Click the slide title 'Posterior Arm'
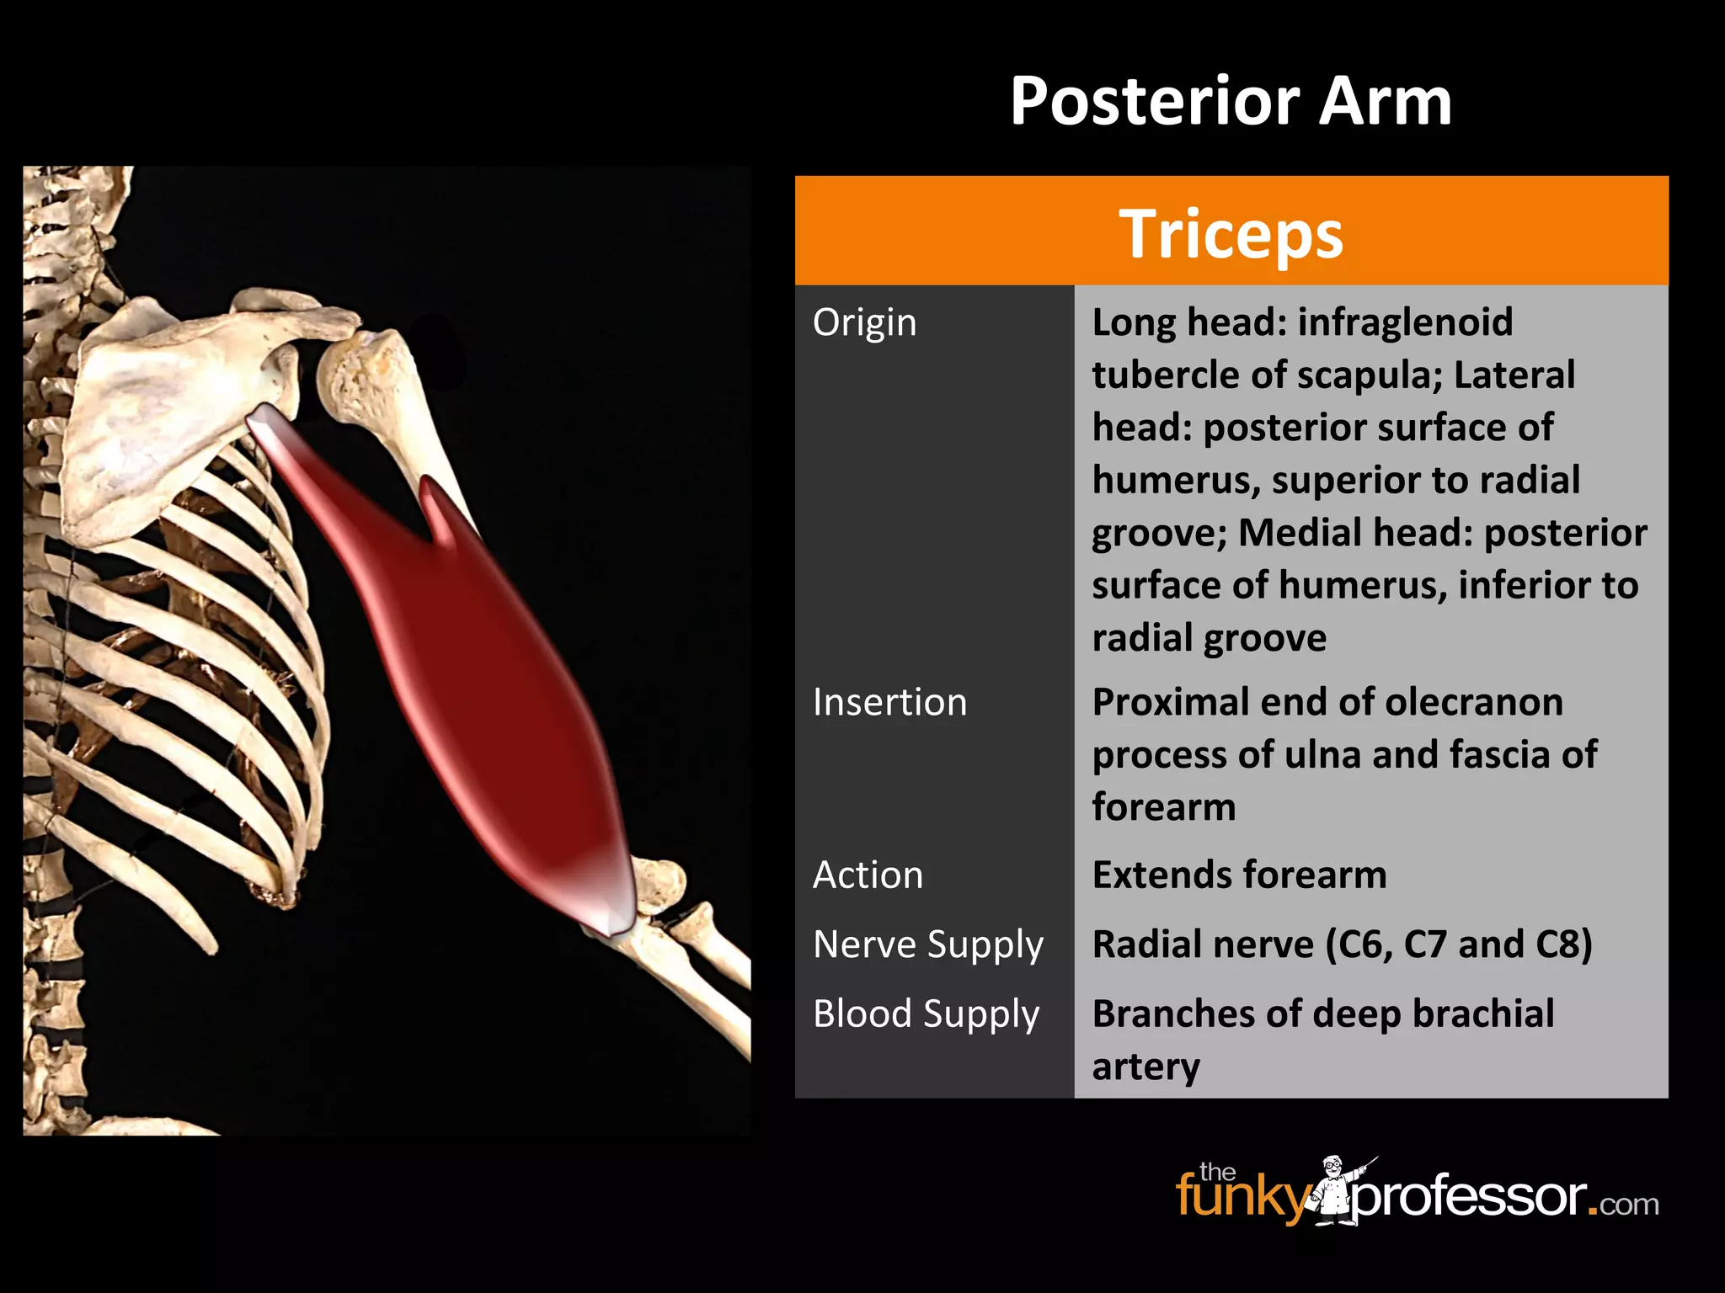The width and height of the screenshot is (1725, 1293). coord(1231,102)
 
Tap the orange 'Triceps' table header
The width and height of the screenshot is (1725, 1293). coord(1231,232)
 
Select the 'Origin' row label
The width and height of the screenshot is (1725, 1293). coord(864,323)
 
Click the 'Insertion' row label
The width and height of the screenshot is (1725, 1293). coord(889,703)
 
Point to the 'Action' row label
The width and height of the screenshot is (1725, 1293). coord(868,875)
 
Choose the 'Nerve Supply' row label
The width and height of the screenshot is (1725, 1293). coord(927,944)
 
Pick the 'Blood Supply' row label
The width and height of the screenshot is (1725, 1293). coord(926,1014)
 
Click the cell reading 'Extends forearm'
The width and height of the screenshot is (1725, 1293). coord(1239,875)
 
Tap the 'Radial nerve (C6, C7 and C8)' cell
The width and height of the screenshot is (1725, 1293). coord(1342,944)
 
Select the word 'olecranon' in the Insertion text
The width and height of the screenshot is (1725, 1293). coord(1474,703)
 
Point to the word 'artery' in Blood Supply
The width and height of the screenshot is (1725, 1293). coord(1146,1067)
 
